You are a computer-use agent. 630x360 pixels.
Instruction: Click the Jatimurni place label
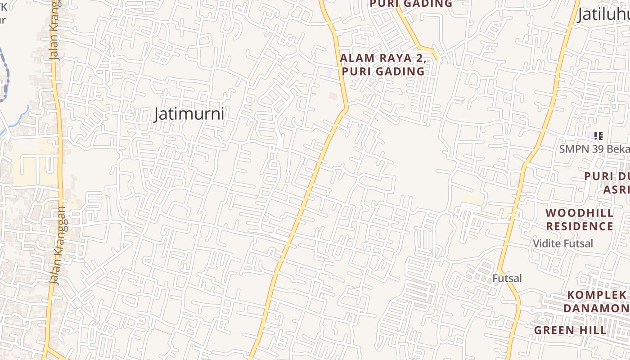click(189, 114)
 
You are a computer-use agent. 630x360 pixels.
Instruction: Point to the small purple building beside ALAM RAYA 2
click(329, 72)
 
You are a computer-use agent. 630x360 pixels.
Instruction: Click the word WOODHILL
click(579, 213)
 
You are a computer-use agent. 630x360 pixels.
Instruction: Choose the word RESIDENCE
click(579, 226)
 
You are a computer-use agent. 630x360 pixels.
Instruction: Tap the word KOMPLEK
click(596, 295)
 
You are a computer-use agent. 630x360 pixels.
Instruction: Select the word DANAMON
click(596, 308)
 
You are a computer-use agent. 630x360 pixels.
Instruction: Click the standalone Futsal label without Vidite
click(507, 279)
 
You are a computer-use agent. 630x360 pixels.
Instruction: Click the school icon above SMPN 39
click(598, 135)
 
